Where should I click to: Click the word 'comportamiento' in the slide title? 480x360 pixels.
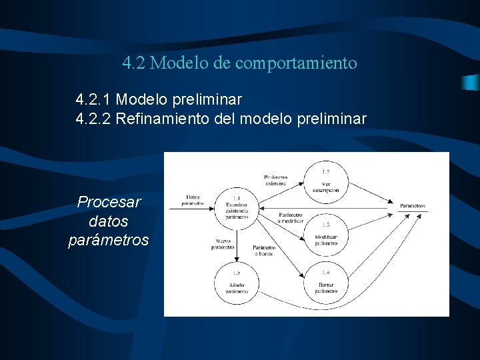coord(296,63)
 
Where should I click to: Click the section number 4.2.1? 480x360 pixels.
coord(93,100)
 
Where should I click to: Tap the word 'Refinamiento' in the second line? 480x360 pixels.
coord(159,119)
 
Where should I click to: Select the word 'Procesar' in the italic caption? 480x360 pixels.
coord(109,202)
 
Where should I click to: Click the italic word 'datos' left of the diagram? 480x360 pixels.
coord(108,221)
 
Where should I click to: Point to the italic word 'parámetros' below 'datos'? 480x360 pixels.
coord(109,240)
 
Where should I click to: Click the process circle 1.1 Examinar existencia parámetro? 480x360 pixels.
coord(237,207)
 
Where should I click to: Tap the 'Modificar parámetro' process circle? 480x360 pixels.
coord(326,233)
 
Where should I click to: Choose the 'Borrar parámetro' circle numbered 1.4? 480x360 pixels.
coord(326,283)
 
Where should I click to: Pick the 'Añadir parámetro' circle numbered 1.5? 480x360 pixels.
coord(237,283)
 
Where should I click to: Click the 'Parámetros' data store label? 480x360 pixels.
coord(413,206)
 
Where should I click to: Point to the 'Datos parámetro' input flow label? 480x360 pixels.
coord(193,200)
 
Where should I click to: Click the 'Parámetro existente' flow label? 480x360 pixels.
coord(275,179)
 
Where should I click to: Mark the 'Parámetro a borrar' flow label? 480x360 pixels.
coord(265,250)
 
